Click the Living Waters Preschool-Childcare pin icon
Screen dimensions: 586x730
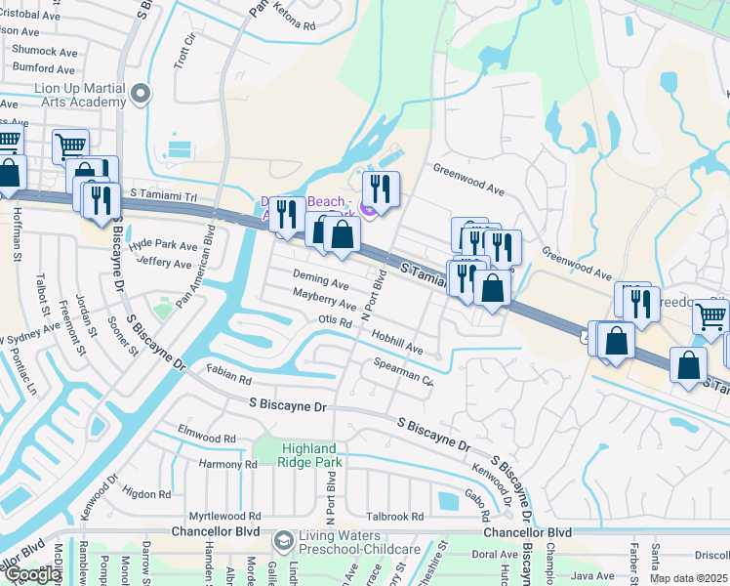[x=283, y=539]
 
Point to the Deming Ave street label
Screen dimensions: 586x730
[x=320, y=282]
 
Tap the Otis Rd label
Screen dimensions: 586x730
[x=334, y=321]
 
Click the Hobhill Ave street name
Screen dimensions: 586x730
[x=396, y=341]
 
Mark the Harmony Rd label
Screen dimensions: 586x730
[x=227, y=464]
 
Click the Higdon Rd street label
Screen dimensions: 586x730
[x=147, y=493]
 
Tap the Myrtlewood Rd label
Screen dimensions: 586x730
[x=225, y=515]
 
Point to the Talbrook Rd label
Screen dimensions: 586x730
[x=395, y=517]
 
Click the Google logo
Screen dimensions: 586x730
[x=32, y=574]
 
